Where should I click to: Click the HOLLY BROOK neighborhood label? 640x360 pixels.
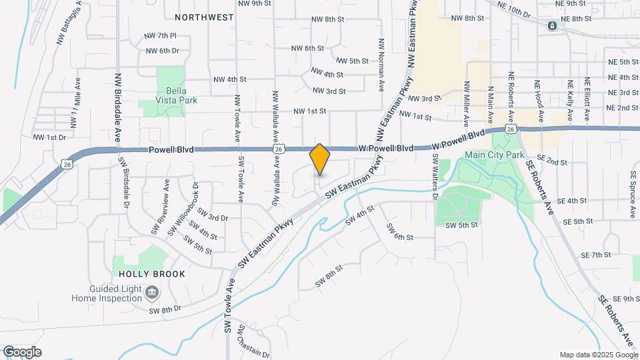click(143, 274)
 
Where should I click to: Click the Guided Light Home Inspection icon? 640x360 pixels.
click(152, 292)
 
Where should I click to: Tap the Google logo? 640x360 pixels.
click(22, 352)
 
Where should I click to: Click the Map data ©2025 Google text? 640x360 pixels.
click(597, 355)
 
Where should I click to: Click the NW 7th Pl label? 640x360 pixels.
click(160, 35)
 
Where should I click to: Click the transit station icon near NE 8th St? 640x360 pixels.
click(552, 26)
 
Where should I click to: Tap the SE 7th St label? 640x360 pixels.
click(596, 255)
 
